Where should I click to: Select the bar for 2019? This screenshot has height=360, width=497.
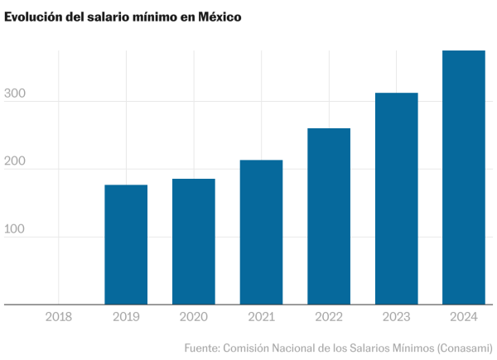click(126, 245)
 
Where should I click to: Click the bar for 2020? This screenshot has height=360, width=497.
click(194, 242)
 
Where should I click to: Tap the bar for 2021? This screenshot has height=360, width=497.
click(261, 233)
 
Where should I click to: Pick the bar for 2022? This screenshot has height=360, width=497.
click(329, 217)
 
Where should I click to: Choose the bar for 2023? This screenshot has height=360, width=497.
click(397, 199)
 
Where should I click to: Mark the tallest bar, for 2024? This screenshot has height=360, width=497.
click(464, 178)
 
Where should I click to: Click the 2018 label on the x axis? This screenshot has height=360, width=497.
click(59, 316)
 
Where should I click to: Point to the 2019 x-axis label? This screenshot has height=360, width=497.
click(126, 316)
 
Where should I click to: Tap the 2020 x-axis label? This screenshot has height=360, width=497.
click(194, 316)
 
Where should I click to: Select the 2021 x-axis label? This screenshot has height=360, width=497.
click(261, 316)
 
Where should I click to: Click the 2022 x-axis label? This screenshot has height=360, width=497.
click(329, 316)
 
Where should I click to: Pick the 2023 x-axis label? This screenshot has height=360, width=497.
click(397, 316)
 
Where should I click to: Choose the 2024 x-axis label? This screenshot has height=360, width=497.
click(464, 316)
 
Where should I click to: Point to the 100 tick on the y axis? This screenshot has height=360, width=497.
click(17, 230)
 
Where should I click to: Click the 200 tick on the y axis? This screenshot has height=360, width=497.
click(17, 162)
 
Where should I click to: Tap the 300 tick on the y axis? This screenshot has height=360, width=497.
click(17, 95)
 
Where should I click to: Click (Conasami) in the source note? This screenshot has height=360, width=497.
click(465, 348)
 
